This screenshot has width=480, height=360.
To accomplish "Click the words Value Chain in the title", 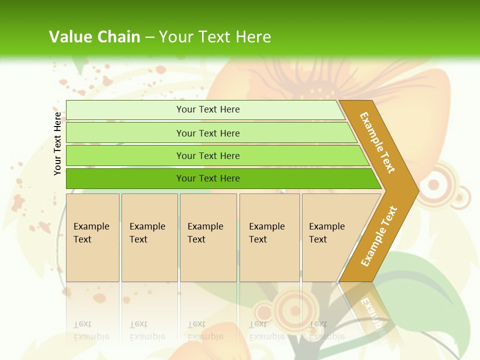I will click(x=94, y=36).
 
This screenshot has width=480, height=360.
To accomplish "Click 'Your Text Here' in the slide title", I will click(x=215, y=36).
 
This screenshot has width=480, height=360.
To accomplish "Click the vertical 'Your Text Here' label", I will click(x=57, y=143).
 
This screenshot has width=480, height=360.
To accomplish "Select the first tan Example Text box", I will click(x=92, y=237).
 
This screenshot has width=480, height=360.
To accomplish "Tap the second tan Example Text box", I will click(x=149, y=237).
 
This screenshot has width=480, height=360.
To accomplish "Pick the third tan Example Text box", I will click(x=208, y=237).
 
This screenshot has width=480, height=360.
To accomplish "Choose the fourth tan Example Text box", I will click(x=269, y=237).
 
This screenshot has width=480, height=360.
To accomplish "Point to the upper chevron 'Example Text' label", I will click(x=377, y=142).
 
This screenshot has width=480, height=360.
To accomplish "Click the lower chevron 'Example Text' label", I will click(x=378, y=236).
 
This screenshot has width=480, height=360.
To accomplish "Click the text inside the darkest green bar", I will click(x=208, y=178).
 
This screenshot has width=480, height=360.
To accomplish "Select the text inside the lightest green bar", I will click(x=208, y=109).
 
